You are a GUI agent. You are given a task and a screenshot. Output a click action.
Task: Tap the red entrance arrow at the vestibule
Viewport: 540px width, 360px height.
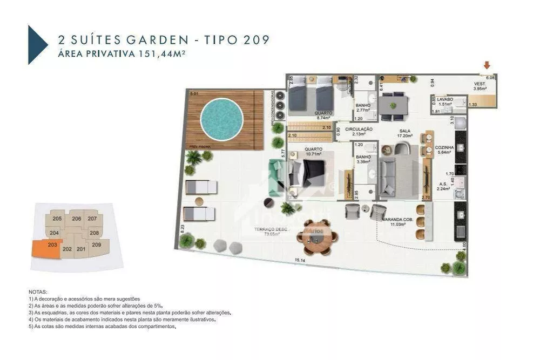(x=487, y=66)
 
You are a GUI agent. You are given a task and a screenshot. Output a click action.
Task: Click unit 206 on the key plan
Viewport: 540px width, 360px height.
(x=76, y=219)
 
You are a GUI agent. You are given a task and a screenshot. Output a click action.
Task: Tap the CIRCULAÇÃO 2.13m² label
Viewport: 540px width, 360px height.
(x=359, y=132)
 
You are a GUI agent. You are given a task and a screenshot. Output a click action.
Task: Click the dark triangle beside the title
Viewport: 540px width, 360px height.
(x=37, y=45)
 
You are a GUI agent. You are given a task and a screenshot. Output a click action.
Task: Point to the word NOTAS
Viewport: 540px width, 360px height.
(x=38, y=291)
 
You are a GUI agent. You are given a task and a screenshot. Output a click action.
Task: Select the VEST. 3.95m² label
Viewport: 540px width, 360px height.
(x=480, y=86)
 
